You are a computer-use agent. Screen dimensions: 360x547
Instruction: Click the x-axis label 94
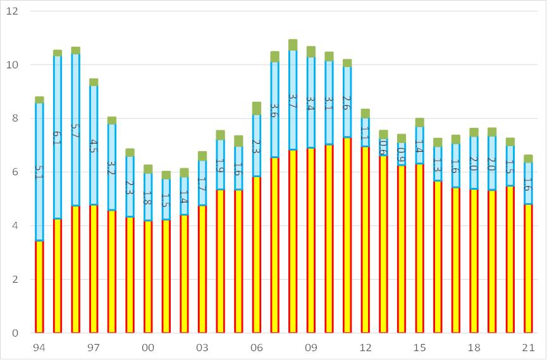pyautogui.click(x=39, y=347)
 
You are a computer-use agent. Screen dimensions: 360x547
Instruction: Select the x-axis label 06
pyautogui.click(x=257, y=347)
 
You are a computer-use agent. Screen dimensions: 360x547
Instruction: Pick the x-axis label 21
pyautogui.click(x=529, y=347)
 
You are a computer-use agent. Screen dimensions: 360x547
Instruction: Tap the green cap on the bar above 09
pyautogui.click(x=311, y=51)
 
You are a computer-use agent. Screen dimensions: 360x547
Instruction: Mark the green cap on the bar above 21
pyautogui.click(x=529, y=158)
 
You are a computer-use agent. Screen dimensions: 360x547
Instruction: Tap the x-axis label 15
pyautogui.click(x=420, y=347)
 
